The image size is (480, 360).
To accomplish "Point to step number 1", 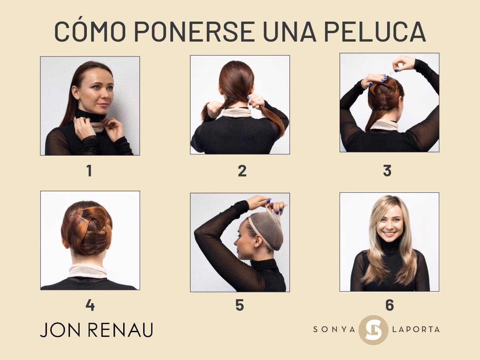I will [x=89, y=171].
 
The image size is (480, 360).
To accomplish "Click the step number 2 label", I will [x=242, y=171].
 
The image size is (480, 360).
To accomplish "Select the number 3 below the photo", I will [x=387, y=171].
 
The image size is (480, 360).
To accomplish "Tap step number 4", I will [x=90, y=305].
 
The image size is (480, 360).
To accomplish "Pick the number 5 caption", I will [x=240, y=305].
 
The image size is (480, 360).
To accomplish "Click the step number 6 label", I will [x=389, y=305].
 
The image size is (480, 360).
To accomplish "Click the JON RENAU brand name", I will [x=96, y=330].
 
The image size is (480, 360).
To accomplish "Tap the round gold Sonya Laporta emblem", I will [x=373, y=330].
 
